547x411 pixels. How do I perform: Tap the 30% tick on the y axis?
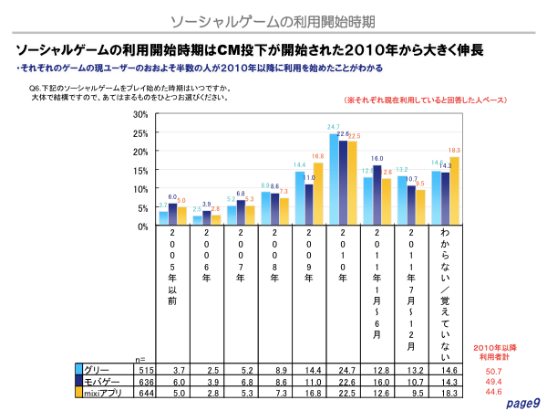tap(139, 114)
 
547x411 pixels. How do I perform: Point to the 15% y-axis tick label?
tap(139, 170)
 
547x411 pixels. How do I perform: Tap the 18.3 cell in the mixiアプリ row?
tap(447, 394)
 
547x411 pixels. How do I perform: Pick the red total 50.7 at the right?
tap(493, 372)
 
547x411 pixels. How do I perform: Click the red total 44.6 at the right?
tap(493, 394)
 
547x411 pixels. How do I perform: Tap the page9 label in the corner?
tap(523, 403)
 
